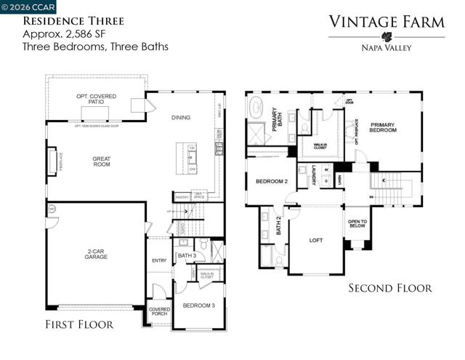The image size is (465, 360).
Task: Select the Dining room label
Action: pos(180,117)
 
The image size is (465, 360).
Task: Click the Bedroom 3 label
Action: pos(198,305)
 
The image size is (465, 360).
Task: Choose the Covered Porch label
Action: pos(159,311)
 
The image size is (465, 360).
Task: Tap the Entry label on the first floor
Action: pos(159,261)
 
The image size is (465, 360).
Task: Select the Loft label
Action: pos(315,239)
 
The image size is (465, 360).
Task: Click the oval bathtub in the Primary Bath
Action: pos(258,109)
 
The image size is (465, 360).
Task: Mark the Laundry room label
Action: pos(312,176)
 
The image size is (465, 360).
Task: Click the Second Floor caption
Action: pos(389,289)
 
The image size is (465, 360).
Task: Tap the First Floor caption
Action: pos(79,325)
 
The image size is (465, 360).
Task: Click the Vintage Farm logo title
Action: pos(387,22)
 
